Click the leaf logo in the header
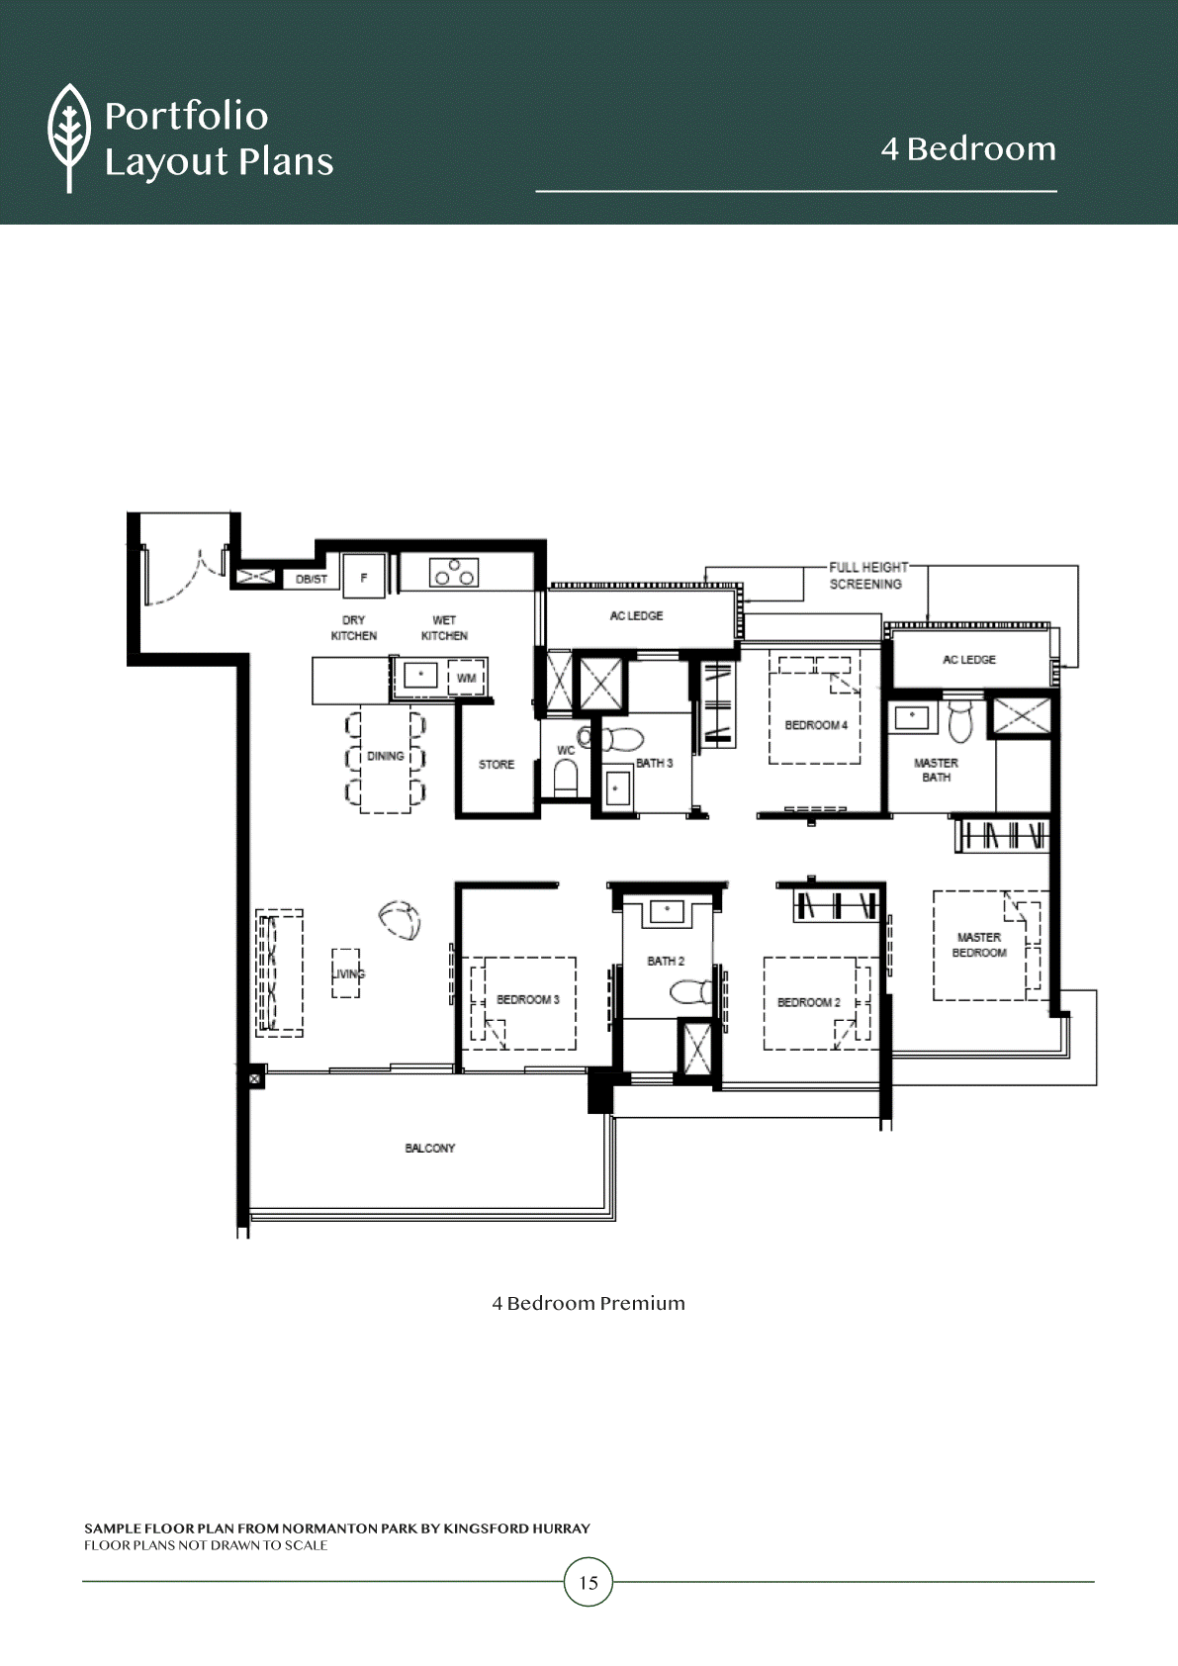tap(69, 138)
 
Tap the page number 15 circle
tap(589, 1582)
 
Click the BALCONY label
tap(430, 1148)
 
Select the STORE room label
tap(497, 764)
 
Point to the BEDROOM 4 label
tap(816, 724)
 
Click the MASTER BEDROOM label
tap(979, 945)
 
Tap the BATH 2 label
tap(666, 961)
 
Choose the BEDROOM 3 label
tap(528, 999)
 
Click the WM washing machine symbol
tap(466, 679)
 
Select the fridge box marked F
tap(364, 577)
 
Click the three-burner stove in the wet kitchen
tap(454, 573)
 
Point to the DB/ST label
tap(311, 579)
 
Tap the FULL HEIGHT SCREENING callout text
tap(867, 576)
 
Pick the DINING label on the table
tap(385, 756)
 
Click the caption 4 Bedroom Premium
tap(589, 1302)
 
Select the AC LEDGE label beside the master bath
tap(969, 659)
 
